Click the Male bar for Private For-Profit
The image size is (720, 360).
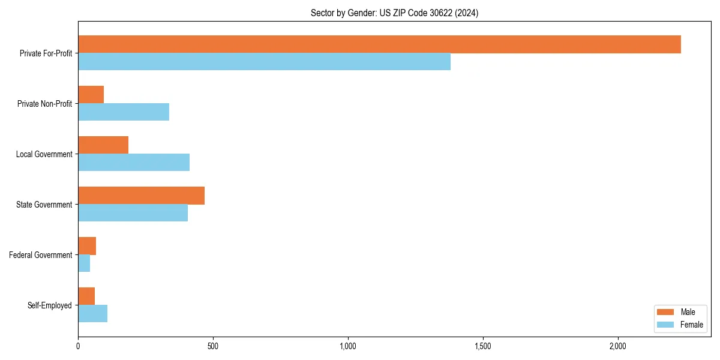pos(379,44)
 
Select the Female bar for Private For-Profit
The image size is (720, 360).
pos(264,62)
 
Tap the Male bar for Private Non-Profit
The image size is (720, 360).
pos(91,95)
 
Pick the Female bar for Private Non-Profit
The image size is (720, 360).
pos(124,112)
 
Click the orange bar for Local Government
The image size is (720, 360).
pos(103,145)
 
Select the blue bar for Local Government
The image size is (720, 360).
pos(134,163)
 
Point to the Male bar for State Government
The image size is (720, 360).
pos(141,196)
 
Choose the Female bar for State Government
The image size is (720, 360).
pos(133,213)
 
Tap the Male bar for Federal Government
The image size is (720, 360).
pos(87,246)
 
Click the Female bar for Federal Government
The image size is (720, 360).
pos(84,263)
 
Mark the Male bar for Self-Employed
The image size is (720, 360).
pos(86,296)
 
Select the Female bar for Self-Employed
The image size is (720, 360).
pos(92,314)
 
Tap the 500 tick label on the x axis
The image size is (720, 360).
pos(213,346)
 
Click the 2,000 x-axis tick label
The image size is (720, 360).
pos(618,346)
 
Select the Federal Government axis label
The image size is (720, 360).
pos(41,255)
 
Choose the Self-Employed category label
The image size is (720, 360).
pos(50,305)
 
